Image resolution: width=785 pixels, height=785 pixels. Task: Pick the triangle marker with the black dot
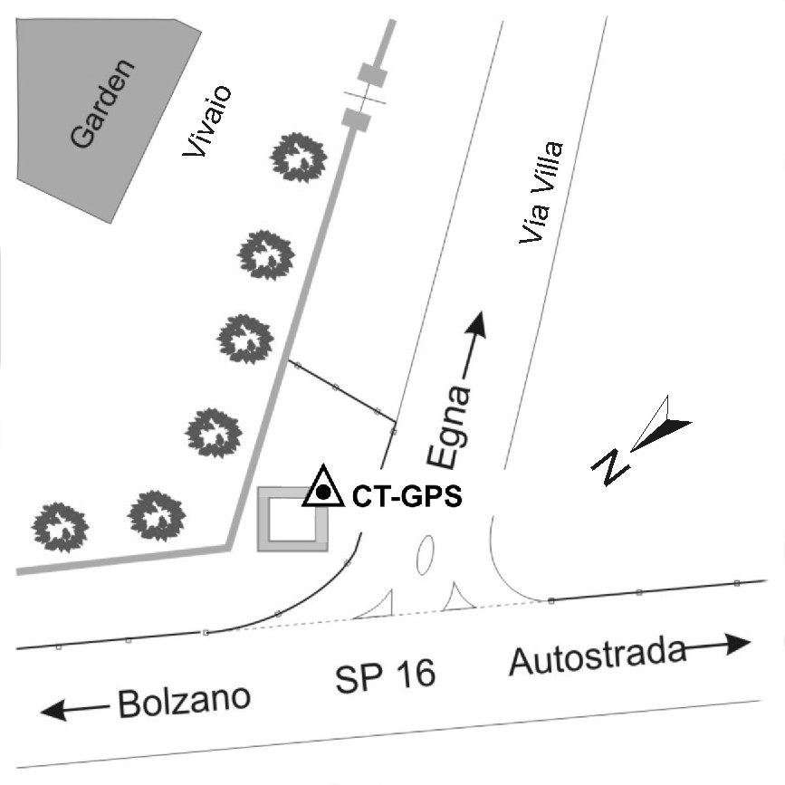(322, 490)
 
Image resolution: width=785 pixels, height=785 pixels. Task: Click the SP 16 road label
(386, 675)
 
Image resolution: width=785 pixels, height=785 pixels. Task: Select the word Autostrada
(597, 656)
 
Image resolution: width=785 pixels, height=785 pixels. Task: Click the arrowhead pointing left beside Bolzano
(53, 711)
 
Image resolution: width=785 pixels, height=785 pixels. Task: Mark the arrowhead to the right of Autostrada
(739, 643)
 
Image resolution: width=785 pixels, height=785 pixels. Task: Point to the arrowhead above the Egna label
(477, 323)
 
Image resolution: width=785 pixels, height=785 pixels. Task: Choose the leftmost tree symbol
(62, 526)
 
